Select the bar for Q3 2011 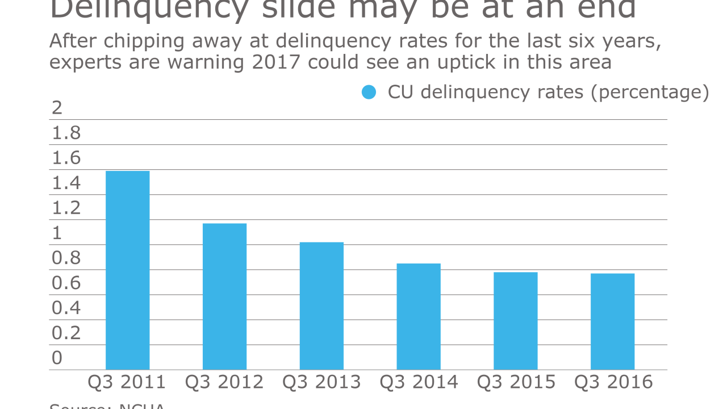pos(127,270)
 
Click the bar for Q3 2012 pos(224,297)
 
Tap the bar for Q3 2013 pos(321,306)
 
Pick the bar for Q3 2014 pos(419,316)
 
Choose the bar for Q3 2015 pos(515,321)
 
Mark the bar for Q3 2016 pos(612,322)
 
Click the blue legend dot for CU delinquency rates pos(369,92)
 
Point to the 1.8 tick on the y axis pos(66,133)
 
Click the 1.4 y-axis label pos(66,183)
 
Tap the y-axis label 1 pos(57,233)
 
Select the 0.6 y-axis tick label pos(66,283)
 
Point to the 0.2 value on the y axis pos(66,333)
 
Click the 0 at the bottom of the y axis pos(57,358)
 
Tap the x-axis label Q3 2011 pos(127,382)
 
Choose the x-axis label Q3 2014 pos(419,382)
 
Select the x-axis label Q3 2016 pos(613,382)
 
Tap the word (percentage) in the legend pos(650,92)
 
